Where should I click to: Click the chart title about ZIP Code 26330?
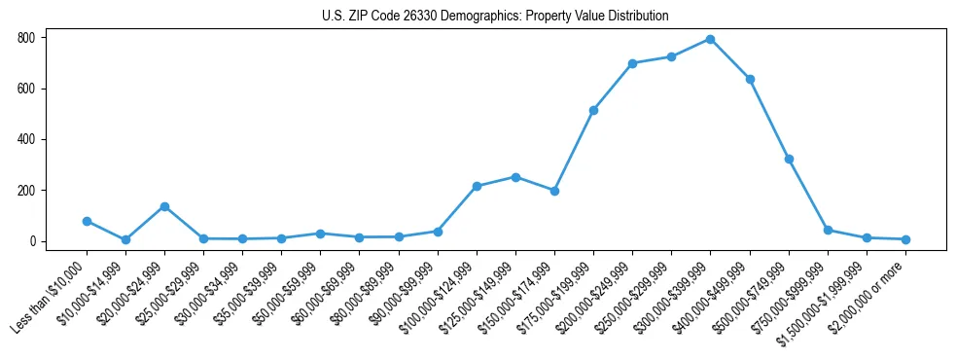(495, 17)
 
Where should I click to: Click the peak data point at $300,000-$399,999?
(711, 39)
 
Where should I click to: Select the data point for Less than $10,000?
(87, 221)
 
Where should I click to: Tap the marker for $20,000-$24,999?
(164, 206)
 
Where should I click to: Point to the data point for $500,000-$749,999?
(789, 159)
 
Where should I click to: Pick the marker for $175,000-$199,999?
(593, 110)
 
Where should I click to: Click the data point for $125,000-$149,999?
(515, 177)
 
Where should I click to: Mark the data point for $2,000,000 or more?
(905, 239)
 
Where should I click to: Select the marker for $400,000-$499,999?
(750, 79)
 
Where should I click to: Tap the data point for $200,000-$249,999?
(632, 63)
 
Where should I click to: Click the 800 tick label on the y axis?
(25, 38)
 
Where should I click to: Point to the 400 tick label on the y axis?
(25, 139)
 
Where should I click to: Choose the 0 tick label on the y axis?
(33, 241)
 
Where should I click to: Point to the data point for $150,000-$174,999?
(554, 191)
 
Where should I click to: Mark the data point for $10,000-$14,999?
(125, 239)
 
